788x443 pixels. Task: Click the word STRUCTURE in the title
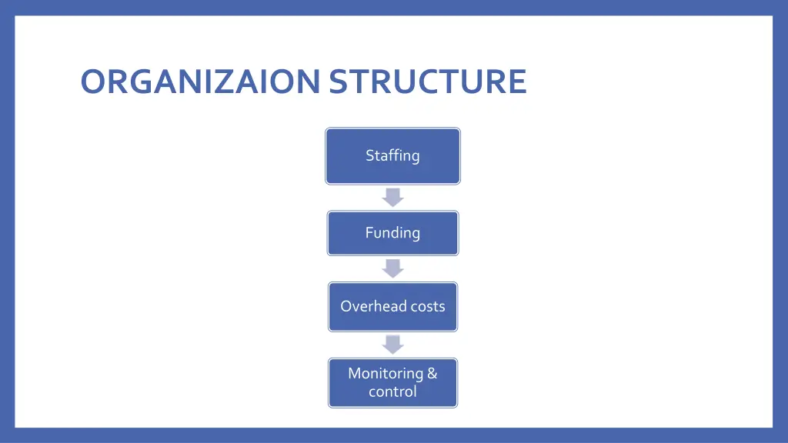[x=428, y=82]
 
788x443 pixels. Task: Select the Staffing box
[x=392, y=156]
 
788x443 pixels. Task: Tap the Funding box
[x=392, y=233]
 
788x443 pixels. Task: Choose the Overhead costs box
[x=392, y=307]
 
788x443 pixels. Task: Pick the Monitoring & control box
[x=392, y=382]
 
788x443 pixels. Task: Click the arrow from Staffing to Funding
[x=392, y=198]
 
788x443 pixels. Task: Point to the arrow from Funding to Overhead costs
[x=392, y=268]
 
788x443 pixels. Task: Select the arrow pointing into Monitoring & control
[x=392, y=344]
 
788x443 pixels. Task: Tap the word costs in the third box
[x=427, y=306]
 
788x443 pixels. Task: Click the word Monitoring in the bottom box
[x=386, y=374]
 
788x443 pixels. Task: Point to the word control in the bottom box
[x=392, y=391]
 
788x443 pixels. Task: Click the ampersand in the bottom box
[x=432, y=374]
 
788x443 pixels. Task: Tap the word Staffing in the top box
[x=392, y=155]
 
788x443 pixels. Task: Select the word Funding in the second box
[x=392, y=232]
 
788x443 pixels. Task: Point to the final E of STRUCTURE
[x=517, y=82]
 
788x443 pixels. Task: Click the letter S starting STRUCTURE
[x=338, y=82]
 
